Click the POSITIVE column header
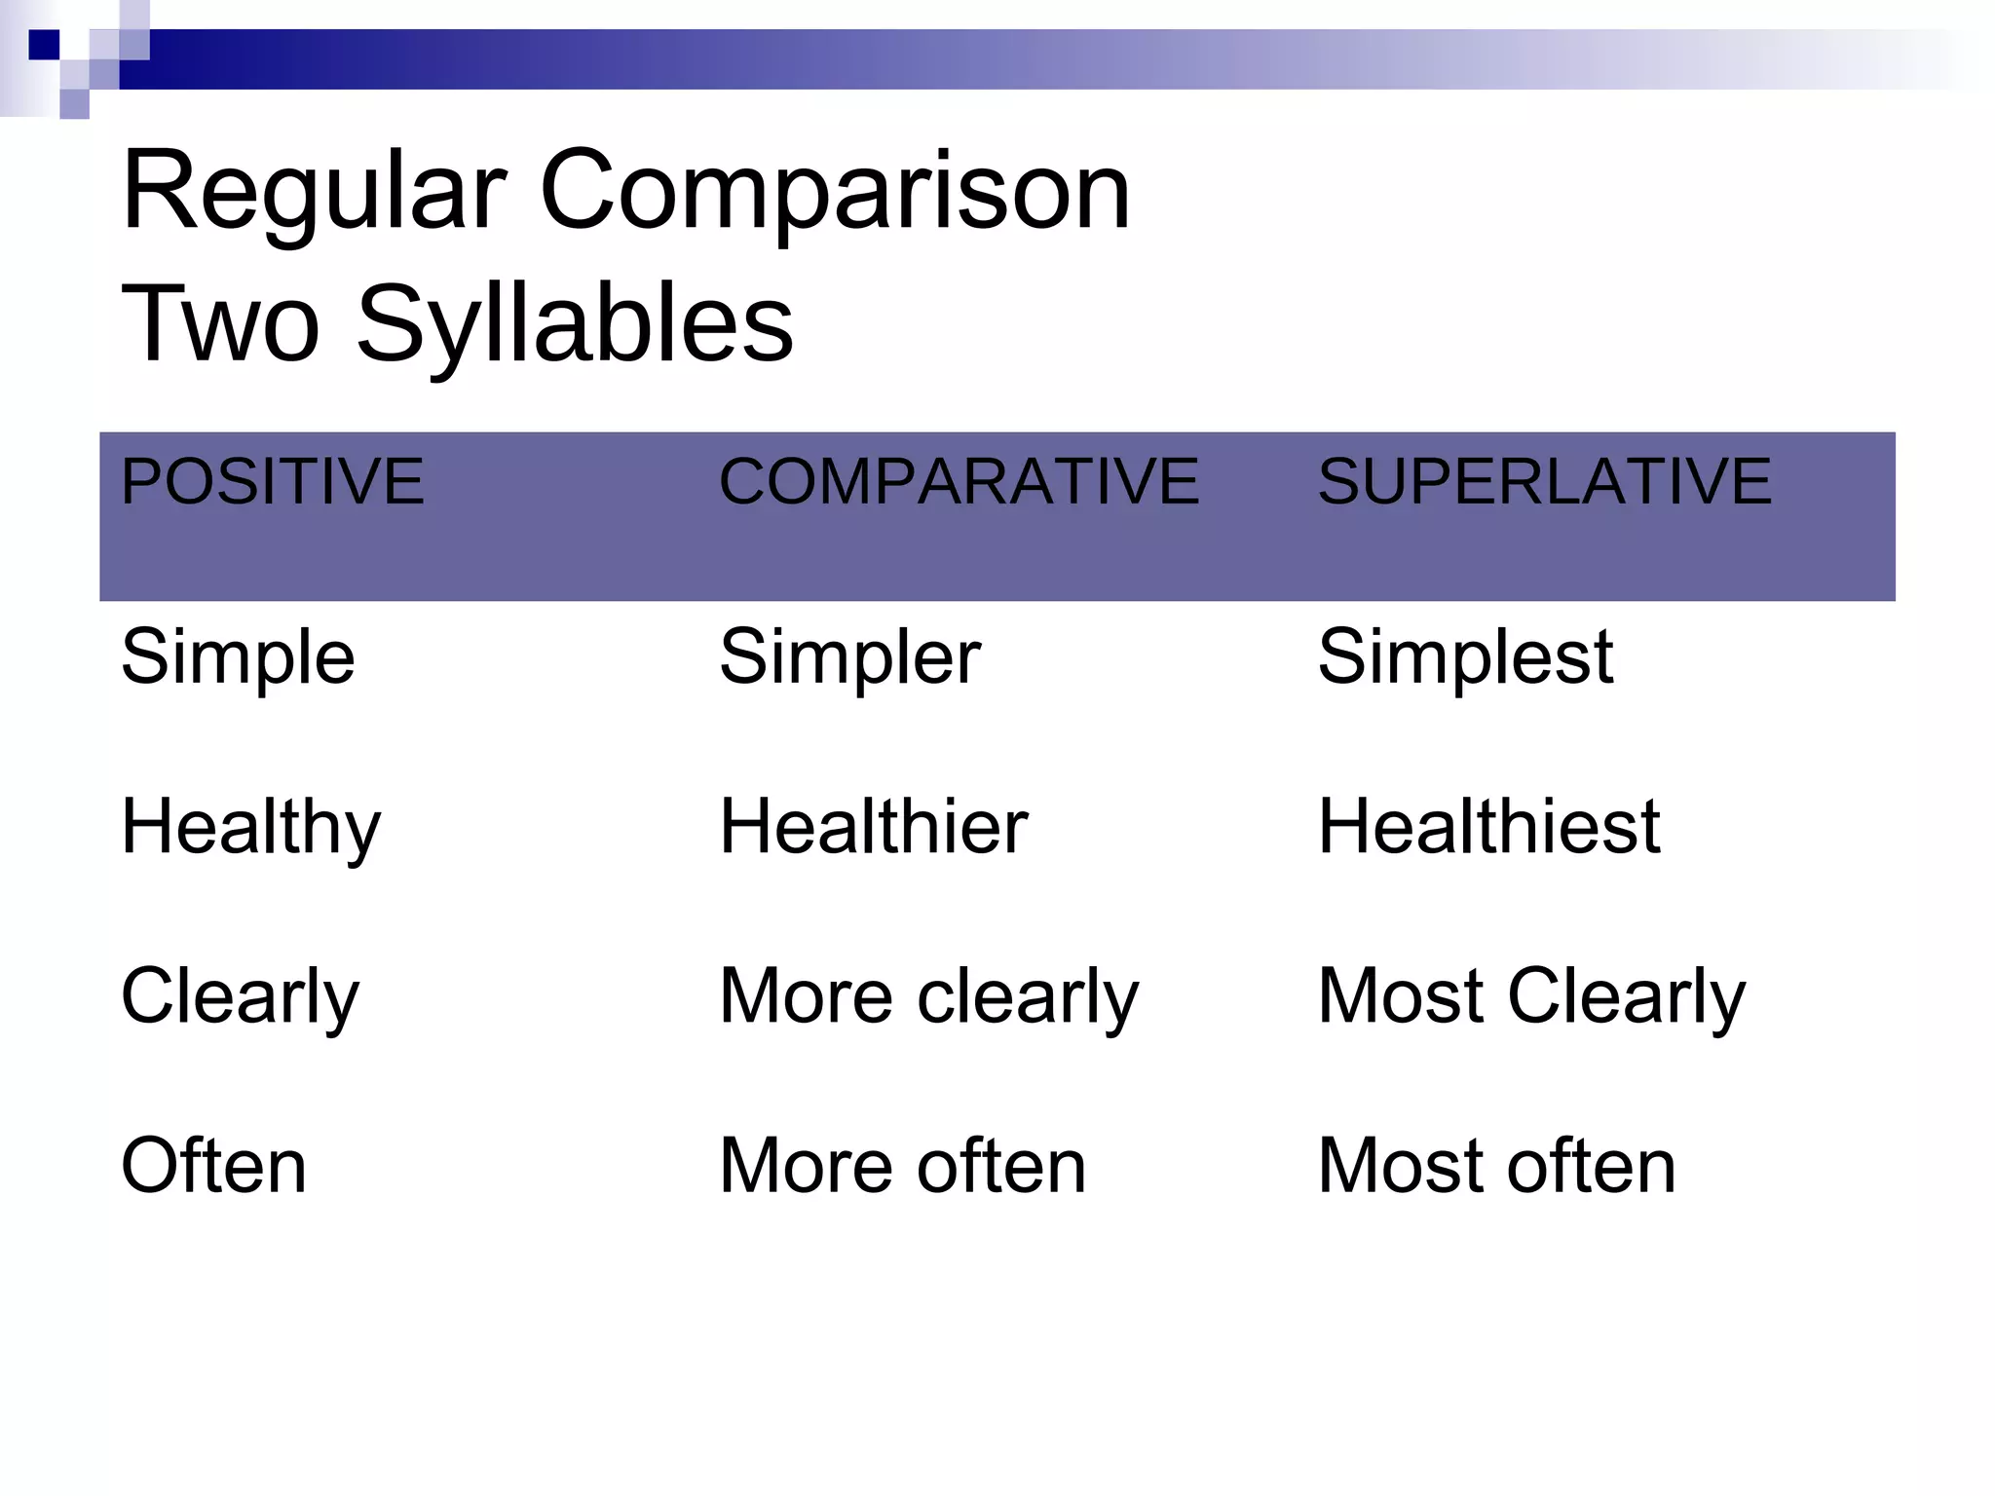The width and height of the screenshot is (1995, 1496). click(x=272, y=481)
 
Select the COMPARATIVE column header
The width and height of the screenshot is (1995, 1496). click(x=959, y=481)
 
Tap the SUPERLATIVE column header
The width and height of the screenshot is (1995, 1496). click(x=1544, y=481)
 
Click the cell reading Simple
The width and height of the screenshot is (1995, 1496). click(x=238, y=657)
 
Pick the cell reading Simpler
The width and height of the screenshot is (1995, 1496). click(x=849, y=657)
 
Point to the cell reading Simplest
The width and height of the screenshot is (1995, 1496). click(x=1465, y=657)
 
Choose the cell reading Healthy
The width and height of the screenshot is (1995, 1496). click(x=250, y=828)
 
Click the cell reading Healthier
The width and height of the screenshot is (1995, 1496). click(x=873, y=827)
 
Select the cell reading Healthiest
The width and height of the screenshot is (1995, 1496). click(x=1488, y=827)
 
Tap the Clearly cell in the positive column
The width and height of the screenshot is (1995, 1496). click(x=240, y=997)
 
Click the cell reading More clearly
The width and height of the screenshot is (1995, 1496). click(x=928, y=997)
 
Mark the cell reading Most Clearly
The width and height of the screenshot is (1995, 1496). click(x=1531, y=997)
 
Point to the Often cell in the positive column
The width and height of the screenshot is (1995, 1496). click(x=213, y=1166)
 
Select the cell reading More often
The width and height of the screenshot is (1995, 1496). click(x=902, y=1166)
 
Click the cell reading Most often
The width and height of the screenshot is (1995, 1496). click(x=1496, y=1166)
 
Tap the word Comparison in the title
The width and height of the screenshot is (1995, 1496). click(x=835, y=192)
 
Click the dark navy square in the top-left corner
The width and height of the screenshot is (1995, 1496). click(x=44, y=45)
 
